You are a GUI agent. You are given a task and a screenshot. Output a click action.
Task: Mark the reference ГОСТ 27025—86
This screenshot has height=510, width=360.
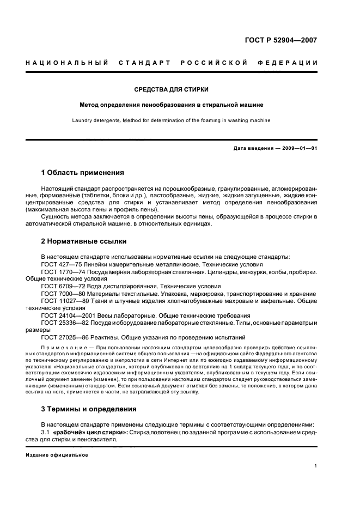pyautogui.click(x=63, y=337)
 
